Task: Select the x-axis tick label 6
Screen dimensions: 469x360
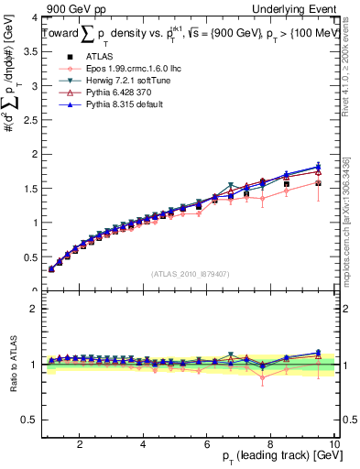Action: point(207,444)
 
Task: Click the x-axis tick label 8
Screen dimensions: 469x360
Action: point(271,444)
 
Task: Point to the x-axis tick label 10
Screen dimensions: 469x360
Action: point(333,444)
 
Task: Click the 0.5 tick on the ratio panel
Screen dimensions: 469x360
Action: point(30,420)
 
